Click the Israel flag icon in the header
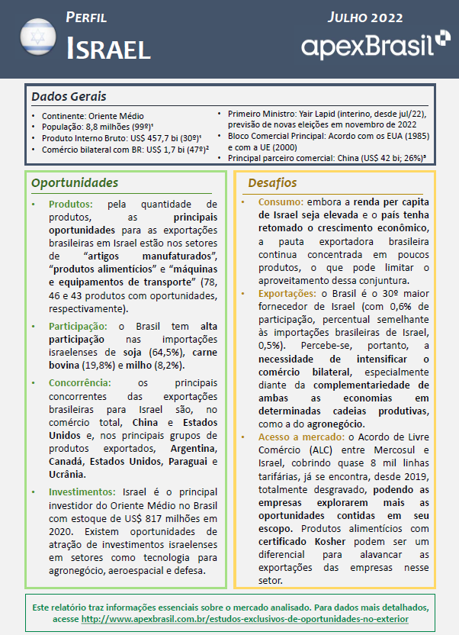tap(35, 37)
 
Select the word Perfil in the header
tap(86, 17)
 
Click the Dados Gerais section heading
tap(69, 96)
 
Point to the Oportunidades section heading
tap(75, 183)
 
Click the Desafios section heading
tap(272, 183)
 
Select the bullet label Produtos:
tap(71, 205)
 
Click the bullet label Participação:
tap(81, 326)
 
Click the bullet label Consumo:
tap(280, 202)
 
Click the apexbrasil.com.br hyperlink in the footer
tap(244, 618)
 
